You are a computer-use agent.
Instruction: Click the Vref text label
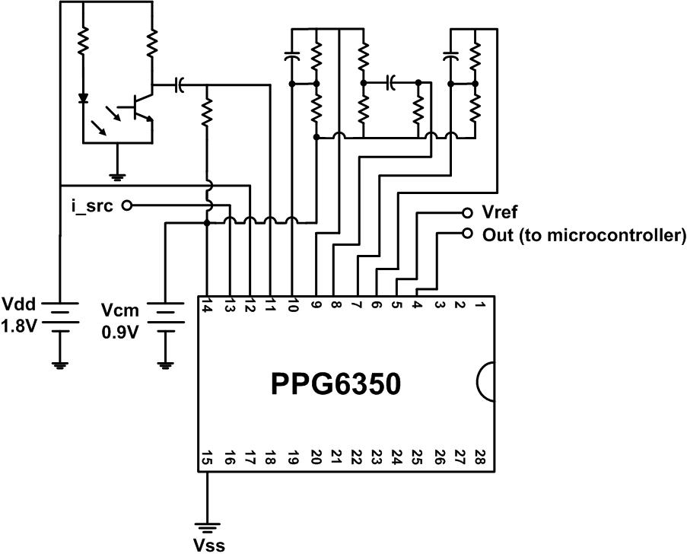pyautogui.click(x=501, y=212)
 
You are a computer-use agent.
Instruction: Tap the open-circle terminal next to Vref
pyautogui.click(x=467, y=213)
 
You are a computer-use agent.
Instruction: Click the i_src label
pyautogui.click(x=91, y=205)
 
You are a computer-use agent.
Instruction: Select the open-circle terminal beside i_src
pyautogui.click(x=126, y=205)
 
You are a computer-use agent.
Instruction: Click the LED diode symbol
pyautogui.click(x=83, y=98)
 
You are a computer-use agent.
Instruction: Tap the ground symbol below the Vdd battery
pyautogui.click(x=59, y=363)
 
